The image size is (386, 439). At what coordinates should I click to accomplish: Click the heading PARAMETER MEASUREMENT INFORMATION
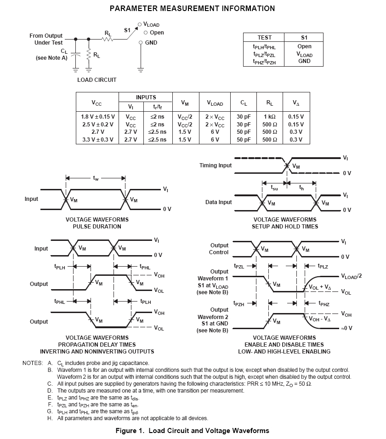tap(192, 8)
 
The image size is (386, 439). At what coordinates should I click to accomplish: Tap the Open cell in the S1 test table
tap(304, 46)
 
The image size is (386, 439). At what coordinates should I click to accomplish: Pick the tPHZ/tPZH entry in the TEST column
tap(264, 61)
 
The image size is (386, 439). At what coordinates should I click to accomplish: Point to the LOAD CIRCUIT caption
tap(96, 80)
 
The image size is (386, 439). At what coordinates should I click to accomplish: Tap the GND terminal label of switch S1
tap(151, 43)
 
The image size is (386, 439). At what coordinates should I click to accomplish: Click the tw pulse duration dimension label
tap(96, 179)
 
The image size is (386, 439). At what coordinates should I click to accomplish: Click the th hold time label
tap(301, 187)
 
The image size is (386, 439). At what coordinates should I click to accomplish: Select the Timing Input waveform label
tap(216, 165)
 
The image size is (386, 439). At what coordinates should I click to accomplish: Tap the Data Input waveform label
tap(218, 202)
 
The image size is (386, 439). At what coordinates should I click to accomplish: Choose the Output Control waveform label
tap(219, 249)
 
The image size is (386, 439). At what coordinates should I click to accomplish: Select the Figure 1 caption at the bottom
tap(192, 431)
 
